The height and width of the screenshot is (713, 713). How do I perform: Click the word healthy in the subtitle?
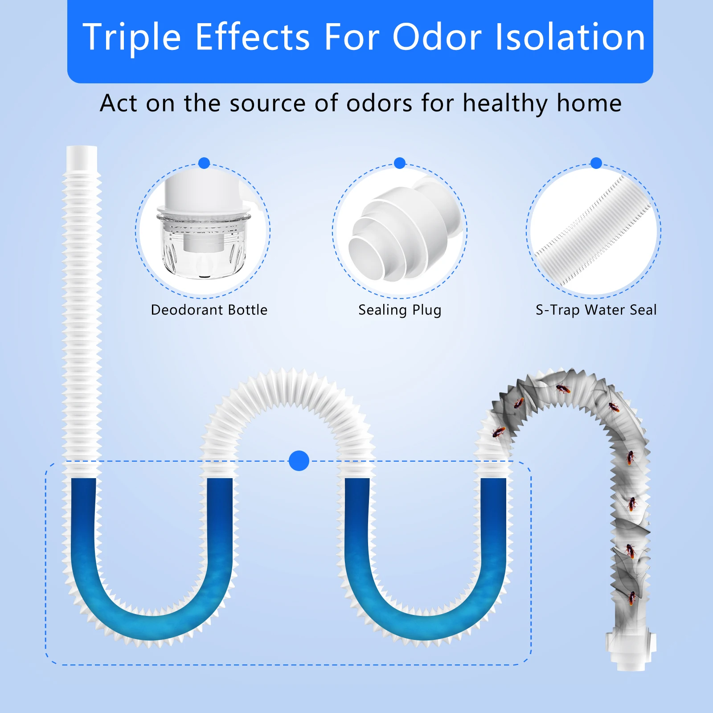(506, 104)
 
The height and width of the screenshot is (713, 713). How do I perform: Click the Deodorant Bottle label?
(209, 310)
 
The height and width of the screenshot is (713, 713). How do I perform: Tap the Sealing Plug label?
(400, 310)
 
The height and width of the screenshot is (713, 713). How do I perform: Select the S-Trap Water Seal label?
(596, 310)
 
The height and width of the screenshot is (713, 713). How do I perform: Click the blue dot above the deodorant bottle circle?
(204, 163)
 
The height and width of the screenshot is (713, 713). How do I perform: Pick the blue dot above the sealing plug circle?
(400, 163)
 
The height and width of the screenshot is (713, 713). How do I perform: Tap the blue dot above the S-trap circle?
(596, 163)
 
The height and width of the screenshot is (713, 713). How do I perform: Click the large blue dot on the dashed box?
(299, 461)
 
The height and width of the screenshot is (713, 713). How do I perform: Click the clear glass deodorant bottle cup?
(204, 245)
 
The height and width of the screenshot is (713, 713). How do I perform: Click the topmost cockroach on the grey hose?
(563, 389)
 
